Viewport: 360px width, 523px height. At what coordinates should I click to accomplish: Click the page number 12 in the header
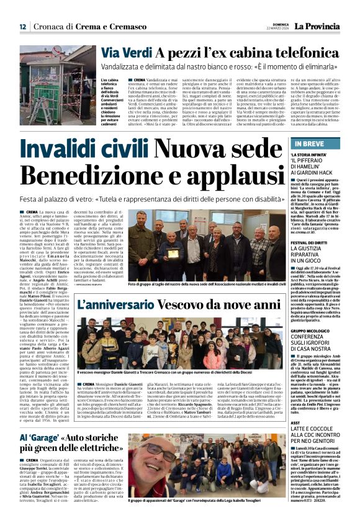point(22,26)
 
